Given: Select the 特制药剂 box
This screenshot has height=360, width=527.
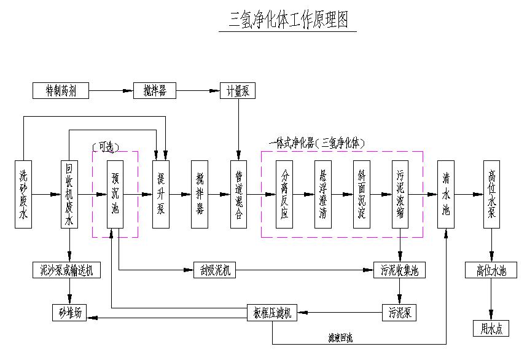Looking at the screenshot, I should point(61,91).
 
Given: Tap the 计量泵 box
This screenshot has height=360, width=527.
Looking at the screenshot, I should point(237,91).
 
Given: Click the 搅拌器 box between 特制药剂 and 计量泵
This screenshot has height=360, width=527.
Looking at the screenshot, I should point(155,91).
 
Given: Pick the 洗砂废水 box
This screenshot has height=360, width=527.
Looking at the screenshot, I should point(23,195).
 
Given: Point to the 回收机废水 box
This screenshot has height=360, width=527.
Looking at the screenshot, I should point(69,195).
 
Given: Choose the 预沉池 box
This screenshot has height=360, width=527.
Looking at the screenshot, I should point(115,195).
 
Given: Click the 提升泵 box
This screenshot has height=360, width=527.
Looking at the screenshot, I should point(161,195).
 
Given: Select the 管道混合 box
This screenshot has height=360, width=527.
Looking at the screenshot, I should point(238,195).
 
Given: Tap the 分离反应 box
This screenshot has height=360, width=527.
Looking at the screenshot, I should point(284,195).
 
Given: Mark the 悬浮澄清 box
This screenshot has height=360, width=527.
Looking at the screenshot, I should point(323,195).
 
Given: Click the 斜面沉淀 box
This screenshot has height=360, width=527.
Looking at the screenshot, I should point(362,195).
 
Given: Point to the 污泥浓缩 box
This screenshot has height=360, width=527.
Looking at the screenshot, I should point(400,195).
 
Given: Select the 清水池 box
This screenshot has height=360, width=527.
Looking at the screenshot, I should point(446,195).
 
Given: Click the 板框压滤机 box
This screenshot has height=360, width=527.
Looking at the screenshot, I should point(272,313).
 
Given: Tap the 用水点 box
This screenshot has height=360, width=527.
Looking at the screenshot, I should point(491,329).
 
